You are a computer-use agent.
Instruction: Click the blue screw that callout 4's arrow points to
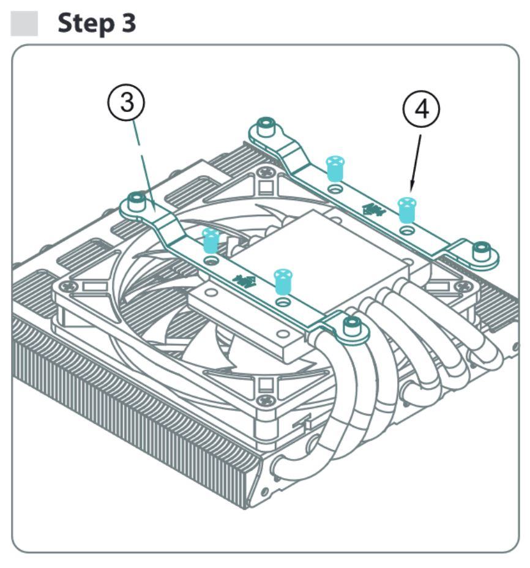coord(405,209)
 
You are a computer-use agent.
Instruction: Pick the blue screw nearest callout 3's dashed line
coord(210,240)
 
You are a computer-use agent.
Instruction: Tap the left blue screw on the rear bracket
coord(334,168)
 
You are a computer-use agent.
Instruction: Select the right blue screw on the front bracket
coord(281,280)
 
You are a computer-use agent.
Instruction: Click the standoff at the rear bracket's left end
coord(264,127)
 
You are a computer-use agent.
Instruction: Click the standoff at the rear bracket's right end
coord(482,250)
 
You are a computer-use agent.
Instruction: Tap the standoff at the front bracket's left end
coord(136,200)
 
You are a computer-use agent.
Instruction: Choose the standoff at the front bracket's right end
coord(351,326)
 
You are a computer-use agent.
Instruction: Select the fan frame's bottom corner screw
coord(265,401)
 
